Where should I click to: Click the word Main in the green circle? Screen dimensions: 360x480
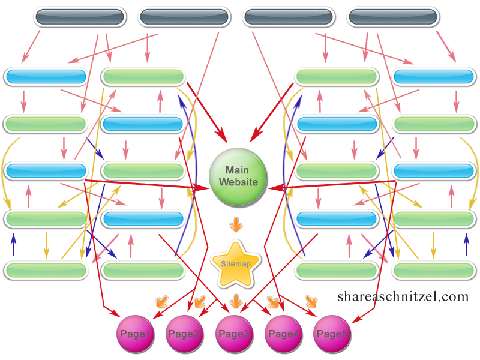(238, 170)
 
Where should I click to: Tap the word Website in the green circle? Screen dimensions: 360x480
(238, 182)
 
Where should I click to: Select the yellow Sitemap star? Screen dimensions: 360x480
(236, 263)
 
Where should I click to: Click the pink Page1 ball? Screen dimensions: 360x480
(136, 334)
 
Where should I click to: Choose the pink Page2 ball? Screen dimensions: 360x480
(185, 334)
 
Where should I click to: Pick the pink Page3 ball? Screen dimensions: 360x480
(235, 334)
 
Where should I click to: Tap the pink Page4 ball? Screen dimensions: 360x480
(284, 334)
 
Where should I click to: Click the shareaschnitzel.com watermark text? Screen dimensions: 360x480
(403, 296)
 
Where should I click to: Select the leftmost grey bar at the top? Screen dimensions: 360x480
(80, 17)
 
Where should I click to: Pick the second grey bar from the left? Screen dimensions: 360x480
(184, 17)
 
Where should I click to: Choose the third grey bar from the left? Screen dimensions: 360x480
(288, 17)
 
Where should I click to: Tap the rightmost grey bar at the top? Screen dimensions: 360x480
(392, 17)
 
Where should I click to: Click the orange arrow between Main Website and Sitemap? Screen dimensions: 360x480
(236, 226)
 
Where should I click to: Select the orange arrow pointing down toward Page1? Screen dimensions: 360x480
(161, 301)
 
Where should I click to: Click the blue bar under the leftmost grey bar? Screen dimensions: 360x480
(45, 77)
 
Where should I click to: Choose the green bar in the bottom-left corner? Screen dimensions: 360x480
(45, 270)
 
